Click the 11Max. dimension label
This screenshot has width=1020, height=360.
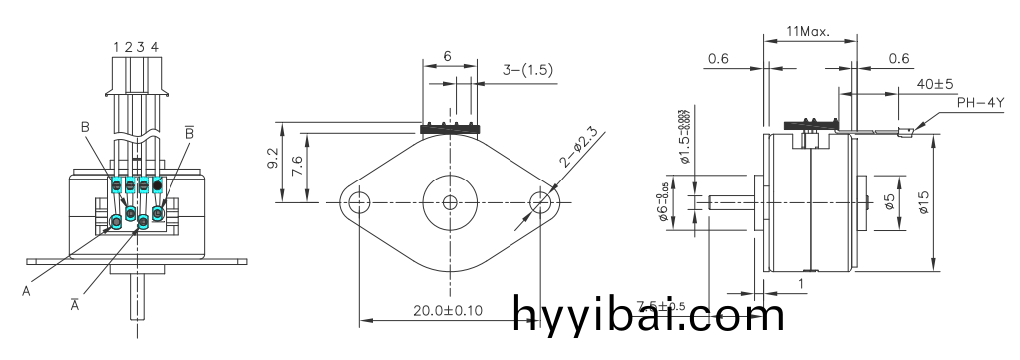point(809,31)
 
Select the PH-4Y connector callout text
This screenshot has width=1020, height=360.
point(981,103)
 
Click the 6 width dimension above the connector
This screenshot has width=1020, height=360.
point(447,57)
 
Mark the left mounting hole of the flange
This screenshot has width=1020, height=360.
point(357,202)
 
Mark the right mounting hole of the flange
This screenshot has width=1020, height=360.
point(541,202)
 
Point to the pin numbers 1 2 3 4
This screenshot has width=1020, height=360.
point(135,46)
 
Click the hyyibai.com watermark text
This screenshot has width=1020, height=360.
point(649,316)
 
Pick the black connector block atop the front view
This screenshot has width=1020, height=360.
point(451,129)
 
